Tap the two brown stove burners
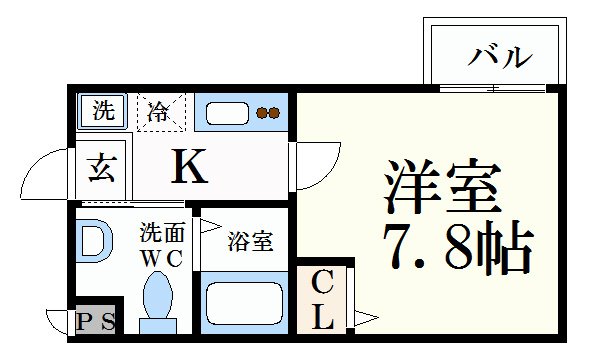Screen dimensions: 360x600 click(x=267, y=113)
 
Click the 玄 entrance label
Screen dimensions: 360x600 click(x=103, y=168)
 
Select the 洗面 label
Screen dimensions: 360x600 click(x=161, y=231)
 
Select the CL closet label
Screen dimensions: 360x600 click(x=323, y=300)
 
